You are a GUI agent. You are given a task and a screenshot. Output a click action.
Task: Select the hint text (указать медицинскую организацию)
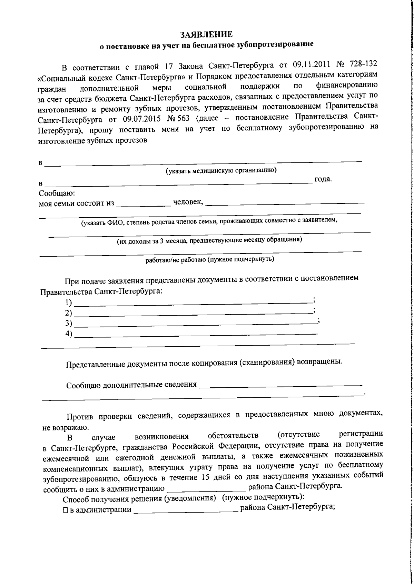tap(221, 170)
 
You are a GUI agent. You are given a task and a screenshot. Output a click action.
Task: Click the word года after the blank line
tap(323, 179)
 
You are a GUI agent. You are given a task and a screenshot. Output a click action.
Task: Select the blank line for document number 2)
tap(193, 313)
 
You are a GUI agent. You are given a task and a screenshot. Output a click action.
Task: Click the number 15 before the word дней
tap(203, 478)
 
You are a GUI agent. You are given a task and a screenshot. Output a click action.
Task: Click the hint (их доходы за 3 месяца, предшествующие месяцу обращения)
tap(209, 240)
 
